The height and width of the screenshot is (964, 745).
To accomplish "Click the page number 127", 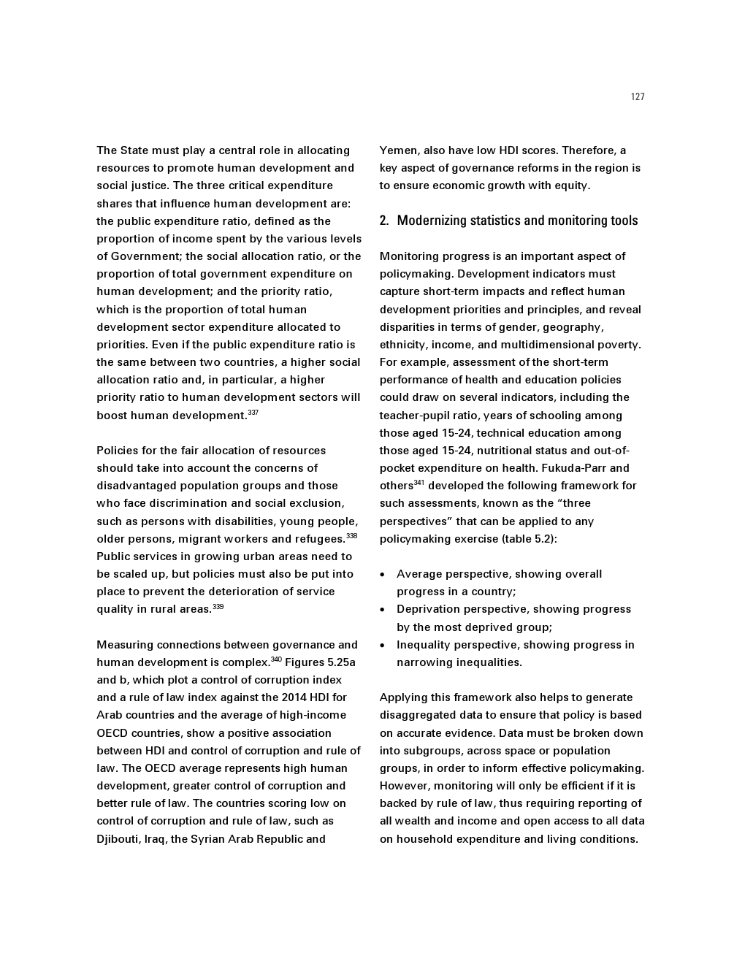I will [x=638, y=97].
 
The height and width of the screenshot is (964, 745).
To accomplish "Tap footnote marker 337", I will [x=253, y=413].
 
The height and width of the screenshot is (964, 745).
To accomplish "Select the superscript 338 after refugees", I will [x=352, y=536].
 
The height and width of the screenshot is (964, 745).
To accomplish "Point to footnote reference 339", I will [x=218, y=607].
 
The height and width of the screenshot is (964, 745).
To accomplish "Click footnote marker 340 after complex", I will [x=276, y=659].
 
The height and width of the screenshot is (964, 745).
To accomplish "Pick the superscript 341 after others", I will [x=419, y=483].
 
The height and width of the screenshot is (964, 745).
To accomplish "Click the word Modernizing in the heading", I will [x=432, y=221].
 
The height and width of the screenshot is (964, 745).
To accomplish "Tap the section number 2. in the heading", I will [x=384, y=221].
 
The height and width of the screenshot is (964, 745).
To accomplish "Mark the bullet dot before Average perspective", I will [x=383, y=575].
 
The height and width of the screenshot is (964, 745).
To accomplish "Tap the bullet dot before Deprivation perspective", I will [x=383, y=610].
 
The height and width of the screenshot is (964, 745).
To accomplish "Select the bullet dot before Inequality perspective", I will [x=383, y=646].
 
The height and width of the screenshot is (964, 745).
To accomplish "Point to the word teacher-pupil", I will [x=414, y=416].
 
